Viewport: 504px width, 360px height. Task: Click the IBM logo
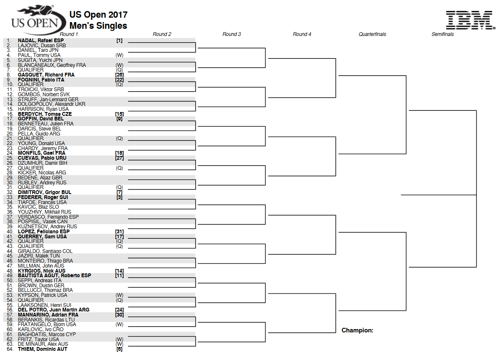pyautogui.click(x=471, y=20)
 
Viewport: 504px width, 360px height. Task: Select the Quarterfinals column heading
pyautogui.click(x=372, y=34)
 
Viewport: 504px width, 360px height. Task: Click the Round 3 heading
pyautogui.click(x=232, y=34)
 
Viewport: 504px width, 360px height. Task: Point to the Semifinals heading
pyautogui.click(x=443, y=34)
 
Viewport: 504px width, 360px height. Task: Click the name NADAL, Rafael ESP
pyautogui.click(x=41, y=41)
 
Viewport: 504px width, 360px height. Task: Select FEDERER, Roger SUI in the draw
pyautogui.click(x=43, y=197)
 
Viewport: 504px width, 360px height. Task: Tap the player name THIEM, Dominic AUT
pyautogui.click(x=43, y=349)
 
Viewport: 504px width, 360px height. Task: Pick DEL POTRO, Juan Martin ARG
pyautogui.click(x=53, y=310)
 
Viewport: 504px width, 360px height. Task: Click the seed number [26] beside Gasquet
pyautogui.click(x=120, y=75)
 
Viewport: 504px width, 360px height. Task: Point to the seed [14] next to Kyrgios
pyautogui.click(x=120, y=271)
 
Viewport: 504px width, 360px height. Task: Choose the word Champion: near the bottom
pyautogui.click(x=357, y=330)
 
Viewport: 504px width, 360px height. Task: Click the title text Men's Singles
pyautogui.click(x=98, y=26)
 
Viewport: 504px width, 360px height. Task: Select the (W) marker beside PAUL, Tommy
pyautogui.click(x=119, y=55)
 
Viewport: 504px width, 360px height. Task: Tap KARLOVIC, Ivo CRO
pyautogui.click(x=41, y=329)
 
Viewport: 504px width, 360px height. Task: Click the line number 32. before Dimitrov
pyautogui.click(x=10, y=192)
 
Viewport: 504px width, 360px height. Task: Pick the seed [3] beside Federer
pyautogui.click(x=120, y=197)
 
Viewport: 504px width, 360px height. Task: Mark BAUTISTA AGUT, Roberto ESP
pyautogui.click(x=54, y=276)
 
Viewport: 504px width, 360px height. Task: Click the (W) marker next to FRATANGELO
pyautogui.click(x=119, y=324)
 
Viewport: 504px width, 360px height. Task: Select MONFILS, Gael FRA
pyautogui.click(x=42, y=153)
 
